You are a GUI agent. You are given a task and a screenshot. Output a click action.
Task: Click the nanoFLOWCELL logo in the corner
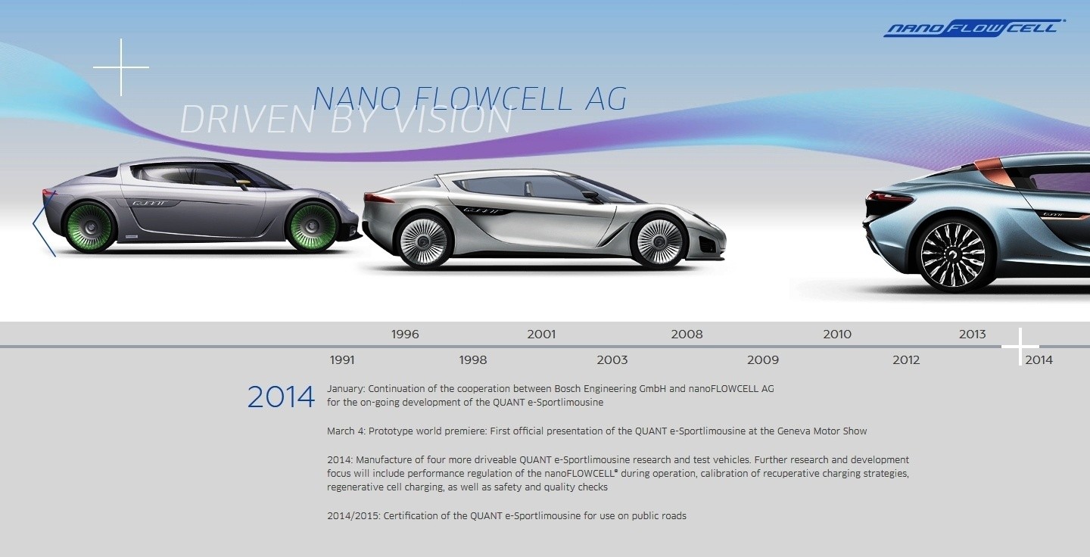974,28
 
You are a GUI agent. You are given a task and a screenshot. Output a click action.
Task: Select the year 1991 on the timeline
342,360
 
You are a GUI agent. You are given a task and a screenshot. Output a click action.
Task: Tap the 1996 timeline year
405,335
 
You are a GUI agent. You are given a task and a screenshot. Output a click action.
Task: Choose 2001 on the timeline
541,335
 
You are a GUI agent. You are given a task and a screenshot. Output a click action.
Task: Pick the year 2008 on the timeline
687,335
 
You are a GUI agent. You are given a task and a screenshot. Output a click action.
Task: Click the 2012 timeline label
906,360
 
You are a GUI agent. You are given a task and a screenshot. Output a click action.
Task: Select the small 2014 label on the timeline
1039,360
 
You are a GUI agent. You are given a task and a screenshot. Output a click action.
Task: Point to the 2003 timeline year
612,360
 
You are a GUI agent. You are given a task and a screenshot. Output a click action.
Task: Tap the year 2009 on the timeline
762,360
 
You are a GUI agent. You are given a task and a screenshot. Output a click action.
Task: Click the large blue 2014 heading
281,397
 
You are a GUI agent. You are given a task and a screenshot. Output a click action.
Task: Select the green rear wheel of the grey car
91,227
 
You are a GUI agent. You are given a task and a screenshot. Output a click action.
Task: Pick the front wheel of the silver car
660,241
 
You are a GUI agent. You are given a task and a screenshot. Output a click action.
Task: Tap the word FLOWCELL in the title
493,98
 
